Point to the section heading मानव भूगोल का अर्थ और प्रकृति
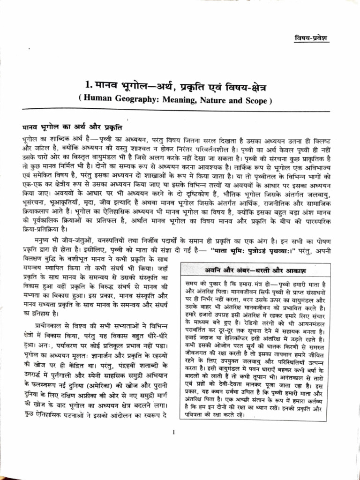point(72,127)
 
